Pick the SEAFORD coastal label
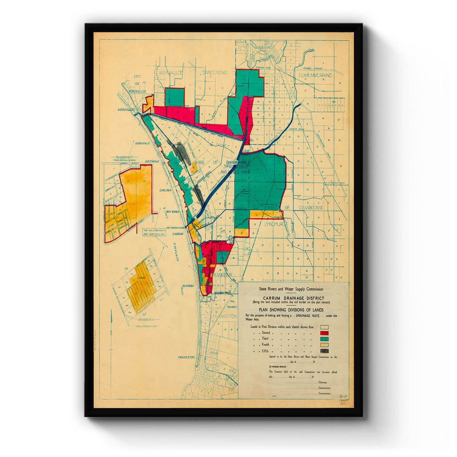tap(187, 286)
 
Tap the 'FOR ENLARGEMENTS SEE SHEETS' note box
tap(154, 232)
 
